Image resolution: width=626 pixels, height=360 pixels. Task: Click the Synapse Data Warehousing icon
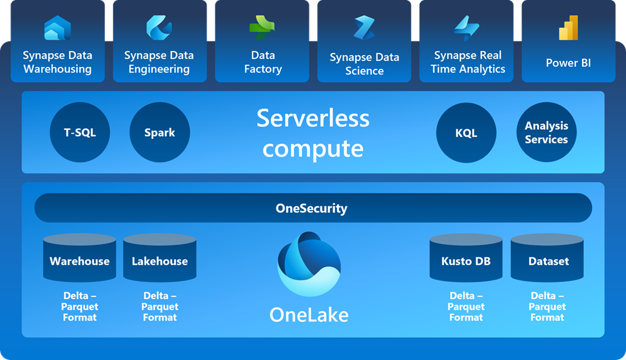point(57,28)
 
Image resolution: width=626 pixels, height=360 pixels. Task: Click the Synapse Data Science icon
point(364,28)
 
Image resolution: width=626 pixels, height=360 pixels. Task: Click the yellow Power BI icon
point(569,28)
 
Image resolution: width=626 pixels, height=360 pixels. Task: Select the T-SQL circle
point(80,133)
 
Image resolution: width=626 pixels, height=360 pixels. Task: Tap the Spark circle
point(159,133)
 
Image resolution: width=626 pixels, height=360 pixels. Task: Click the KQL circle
point(466,133)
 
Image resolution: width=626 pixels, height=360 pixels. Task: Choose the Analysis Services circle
point(546,133)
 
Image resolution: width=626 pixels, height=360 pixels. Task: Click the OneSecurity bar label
point(311,208)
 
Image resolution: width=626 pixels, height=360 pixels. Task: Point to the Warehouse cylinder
point(80,259)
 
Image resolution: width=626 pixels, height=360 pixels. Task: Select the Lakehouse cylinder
point(160,259)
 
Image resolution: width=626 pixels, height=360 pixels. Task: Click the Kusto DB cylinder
point(466,259)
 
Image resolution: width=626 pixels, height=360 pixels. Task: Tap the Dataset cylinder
point(547,259)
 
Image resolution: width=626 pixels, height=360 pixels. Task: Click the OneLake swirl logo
point(309,264)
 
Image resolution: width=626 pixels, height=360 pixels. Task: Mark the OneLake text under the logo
point(309,315)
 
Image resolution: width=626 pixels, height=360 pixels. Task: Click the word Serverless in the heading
point(313,118)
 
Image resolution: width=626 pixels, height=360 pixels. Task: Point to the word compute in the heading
point(313,148)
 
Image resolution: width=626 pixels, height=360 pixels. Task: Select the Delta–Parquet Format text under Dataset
point(547,307)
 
